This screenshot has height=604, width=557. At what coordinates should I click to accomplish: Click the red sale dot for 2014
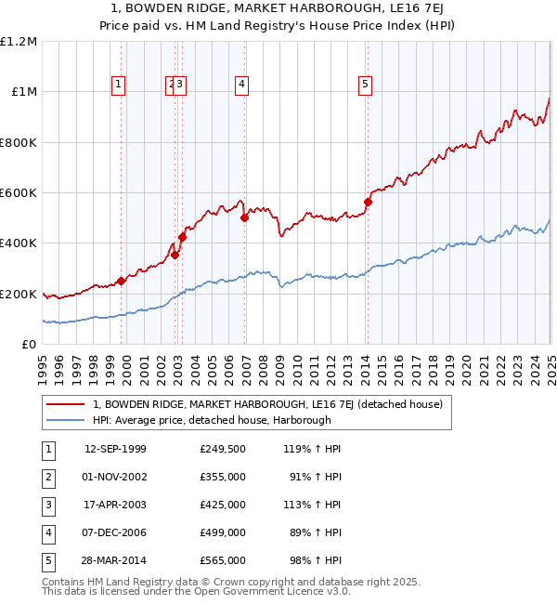coord(368,202)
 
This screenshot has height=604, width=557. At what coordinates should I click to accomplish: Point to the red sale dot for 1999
coord(122,282)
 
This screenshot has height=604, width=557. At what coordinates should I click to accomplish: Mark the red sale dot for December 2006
coord(244,218)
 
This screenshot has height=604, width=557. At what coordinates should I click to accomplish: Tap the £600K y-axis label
coord(19,193)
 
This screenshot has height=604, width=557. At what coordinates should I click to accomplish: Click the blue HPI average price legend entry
coord(212,420)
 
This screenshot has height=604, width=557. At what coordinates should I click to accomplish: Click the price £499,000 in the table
coord(223,532)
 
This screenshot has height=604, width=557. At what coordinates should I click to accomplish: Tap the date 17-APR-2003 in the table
coord(115,505)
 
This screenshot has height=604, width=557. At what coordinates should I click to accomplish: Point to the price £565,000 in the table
coord(223,560)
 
